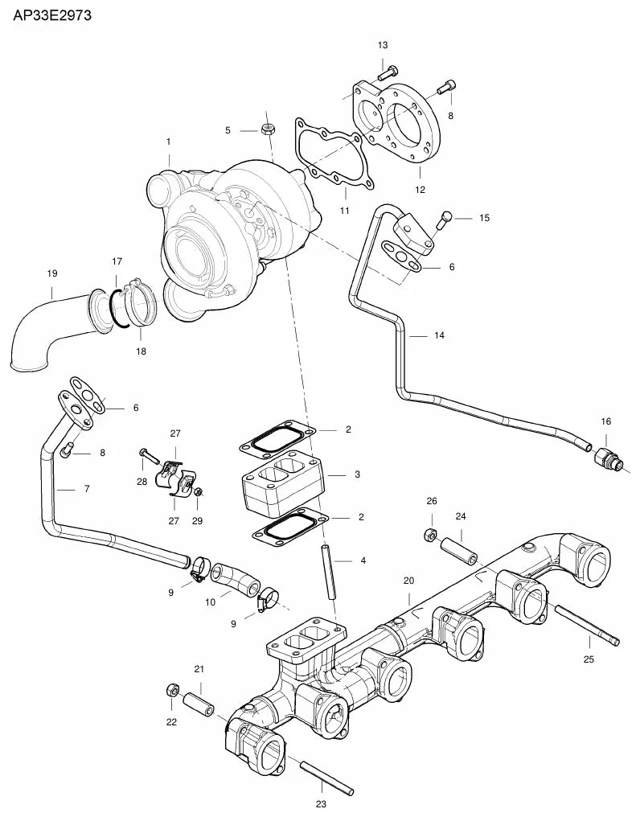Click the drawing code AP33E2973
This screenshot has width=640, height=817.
click(52, 15)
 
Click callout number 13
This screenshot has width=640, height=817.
click(383, 45)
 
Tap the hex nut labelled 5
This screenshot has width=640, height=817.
click(268, 129)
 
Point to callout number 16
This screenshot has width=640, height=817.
click(605, 421)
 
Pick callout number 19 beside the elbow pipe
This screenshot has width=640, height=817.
click(52, 273)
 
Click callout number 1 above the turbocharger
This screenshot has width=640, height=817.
click(168, 142)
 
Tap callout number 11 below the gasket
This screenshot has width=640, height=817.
click(344, 211)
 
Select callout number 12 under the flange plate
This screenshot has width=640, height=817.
click(420, 191)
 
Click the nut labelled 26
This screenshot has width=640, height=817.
click(430, 535)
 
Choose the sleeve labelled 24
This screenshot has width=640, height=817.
click(459, 552)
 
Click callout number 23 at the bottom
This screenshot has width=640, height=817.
click(321, 804)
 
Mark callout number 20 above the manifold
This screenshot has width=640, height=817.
click(408, 581)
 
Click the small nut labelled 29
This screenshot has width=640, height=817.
click(198, 492)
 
